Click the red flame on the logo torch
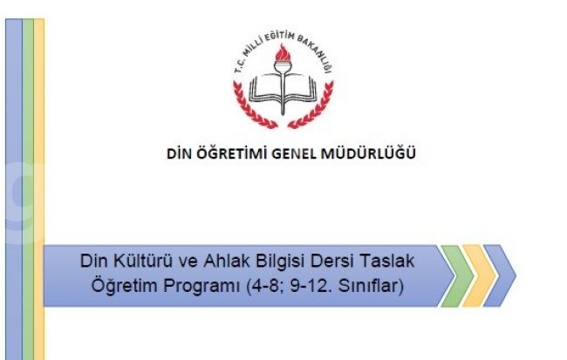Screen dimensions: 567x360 (x=283, y=53)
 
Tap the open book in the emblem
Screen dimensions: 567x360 (x=283, y=88)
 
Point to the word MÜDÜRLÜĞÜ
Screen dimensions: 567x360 (x=368, y=153)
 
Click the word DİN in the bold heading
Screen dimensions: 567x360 (x=180, y=153)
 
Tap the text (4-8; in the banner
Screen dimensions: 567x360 (x=265, y=286)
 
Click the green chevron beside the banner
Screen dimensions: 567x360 (x=456, y=275)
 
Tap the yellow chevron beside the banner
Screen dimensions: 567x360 (x=478, y=275)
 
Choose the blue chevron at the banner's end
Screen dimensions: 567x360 (x=499, y=275)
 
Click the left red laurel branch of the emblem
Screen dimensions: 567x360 (x=252, y=108)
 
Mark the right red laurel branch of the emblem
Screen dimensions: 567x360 (x=313, y=108)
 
